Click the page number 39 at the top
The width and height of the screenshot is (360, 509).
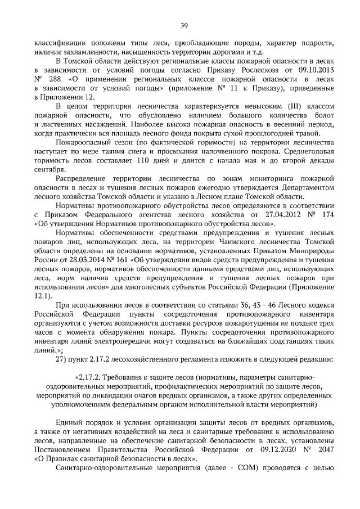[183, 25]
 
